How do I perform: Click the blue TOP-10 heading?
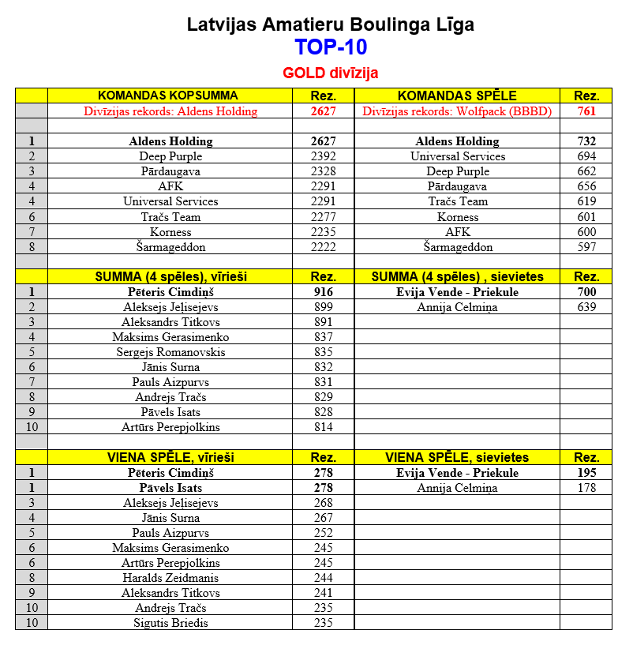[331, 48]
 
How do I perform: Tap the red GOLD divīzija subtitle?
[331, 73]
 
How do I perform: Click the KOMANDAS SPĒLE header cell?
[457, 96]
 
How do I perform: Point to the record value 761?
[586, 111]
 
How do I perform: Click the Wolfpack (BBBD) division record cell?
[457, 111]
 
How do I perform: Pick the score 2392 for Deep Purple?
[324, 156]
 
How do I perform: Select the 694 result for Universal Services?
[586, 156]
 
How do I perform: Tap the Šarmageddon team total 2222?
[324, 247]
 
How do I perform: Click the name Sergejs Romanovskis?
[170, 352]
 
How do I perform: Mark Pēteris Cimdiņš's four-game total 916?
[324, 292]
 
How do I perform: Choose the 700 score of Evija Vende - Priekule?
[586, 292]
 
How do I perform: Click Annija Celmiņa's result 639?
[586, 307]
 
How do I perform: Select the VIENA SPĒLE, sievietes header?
[457, 457]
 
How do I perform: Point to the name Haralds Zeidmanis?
[170, 578]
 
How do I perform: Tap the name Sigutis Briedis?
[170, 623]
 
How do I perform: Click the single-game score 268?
[324, 503]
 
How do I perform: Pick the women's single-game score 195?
[586, 473]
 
